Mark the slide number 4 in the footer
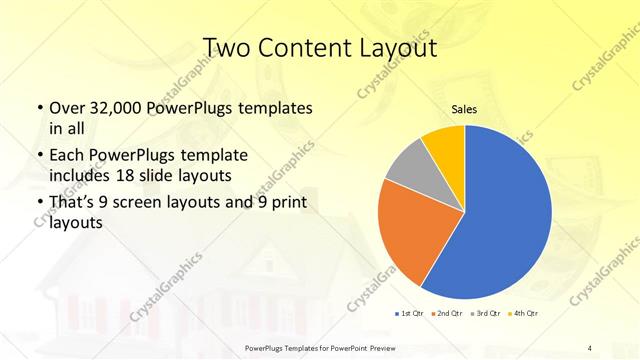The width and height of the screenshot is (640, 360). pos(590,347)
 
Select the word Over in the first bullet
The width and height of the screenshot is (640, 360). pos(66,108)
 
